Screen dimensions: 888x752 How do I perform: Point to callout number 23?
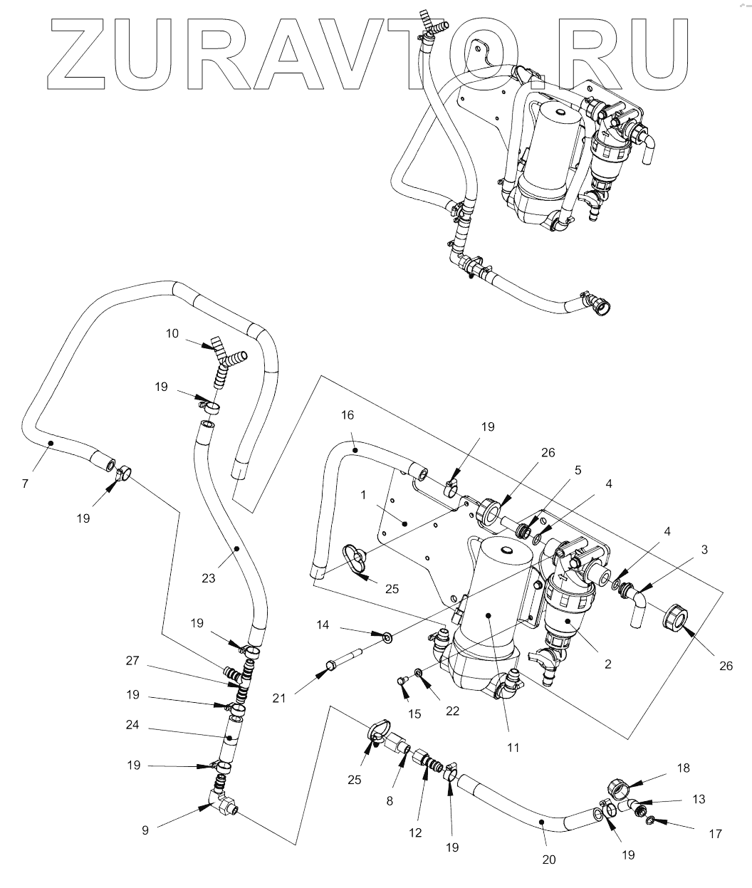pos(208,578)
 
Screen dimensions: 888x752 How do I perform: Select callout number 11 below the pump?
pos(513,748)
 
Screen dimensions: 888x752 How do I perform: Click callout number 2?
pos(608,664)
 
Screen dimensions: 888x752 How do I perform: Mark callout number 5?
pos(578,470)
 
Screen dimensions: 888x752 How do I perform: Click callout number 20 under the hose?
pos(548,859)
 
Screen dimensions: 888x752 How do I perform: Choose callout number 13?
pos(699,799)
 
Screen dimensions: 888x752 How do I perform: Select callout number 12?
pos(415,832)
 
